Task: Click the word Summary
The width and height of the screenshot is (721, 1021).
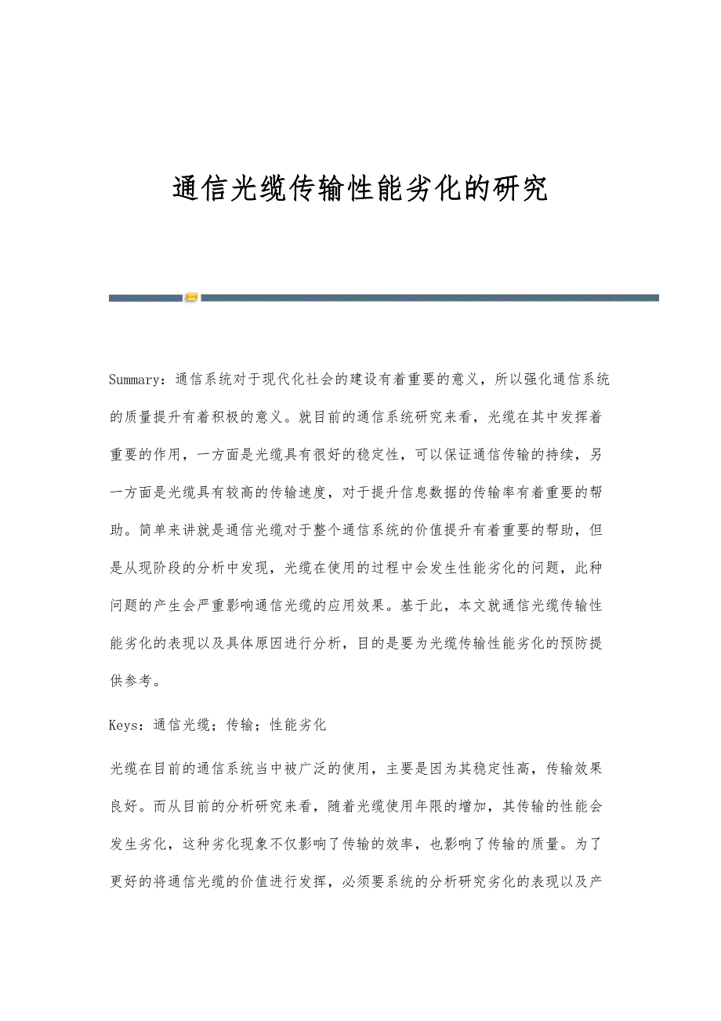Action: coord(132,380)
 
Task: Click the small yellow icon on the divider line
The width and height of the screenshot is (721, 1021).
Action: coord(191,298)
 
